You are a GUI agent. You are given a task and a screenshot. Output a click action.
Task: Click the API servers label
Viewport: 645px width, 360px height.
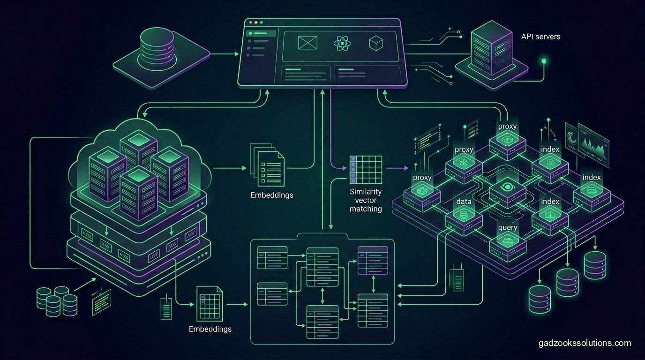pos(540,37)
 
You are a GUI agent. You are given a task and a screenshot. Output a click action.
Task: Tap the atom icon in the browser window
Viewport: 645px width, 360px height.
pos(342,44)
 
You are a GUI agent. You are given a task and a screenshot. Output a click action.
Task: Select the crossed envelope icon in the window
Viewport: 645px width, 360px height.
pos(307,43)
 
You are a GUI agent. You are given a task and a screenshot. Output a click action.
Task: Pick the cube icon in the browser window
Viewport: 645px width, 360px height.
pos(376,43)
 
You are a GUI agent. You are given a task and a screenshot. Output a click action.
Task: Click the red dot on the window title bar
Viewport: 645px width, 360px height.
pos(250,22)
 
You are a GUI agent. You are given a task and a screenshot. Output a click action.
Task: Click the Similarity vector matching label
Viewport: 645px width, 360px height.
pos(366,200)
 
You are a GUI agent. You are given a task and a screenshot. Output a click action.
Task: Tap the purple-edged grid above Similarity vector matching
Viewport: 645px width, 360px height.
pos(366,170)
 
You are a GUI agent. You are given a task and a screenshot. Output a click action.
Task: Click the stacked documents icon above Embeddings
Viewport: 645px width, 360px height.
pos(267,165)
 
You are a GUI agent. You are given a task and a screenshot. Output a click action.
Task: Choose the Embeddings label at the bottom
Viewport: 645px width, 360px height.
pos(210,329)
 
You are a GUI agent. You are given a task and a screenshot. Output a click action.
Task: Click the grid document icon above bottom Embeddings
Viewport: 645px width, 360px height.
pos(210,304)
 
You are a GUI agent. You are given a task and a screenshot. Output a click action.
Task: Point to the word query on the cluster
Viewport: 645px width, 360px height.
pos(508,227)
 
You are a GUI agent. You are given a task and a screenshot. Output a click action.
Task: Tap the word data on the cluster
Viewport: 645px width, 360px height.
pos(464,201)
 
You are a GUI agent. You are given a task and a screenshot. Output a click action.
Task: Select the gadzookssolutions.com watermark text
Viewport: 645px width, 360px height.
pos(585,343)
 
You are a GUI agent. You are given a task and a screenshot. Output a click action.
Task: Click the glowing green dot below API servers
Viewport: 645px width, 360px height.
pos(544,61)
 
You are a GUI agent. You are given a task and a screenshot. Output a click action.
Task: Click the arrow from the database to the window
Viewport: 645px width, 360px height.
pos(225,54)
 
